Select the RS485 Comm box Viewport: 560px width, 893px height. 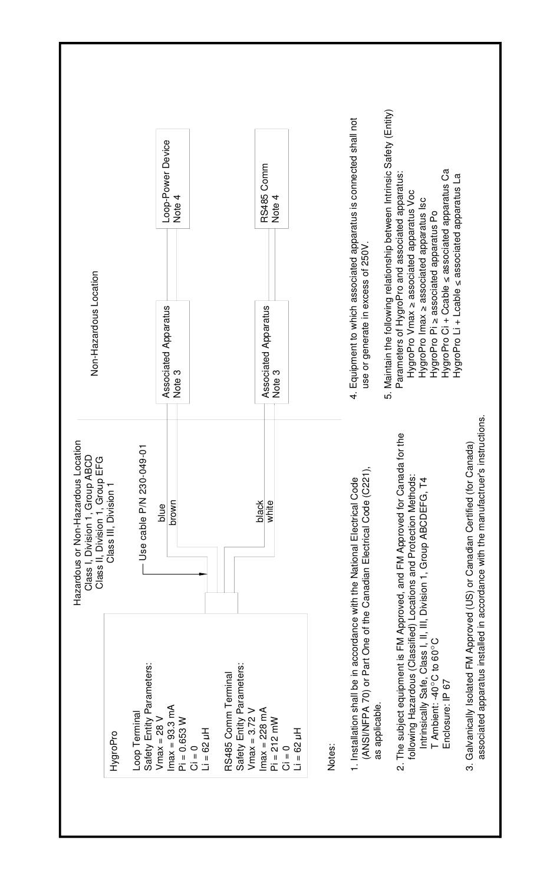[x=272, y=178]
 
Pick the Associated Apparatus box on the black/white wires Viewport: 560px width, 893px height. [x=272, y=352]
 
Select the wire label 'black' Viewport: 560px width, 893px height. [x=259, y=511]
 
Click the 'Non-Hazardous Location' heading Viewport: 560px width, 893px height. [x=94, y=323]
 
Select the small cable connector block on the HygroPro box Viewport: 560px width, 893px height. [x=222, y=603]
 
